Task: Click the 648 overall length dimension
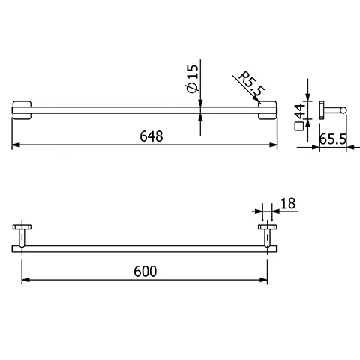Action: tap(150, 136)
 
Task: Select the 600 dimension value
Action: tap(147, 271)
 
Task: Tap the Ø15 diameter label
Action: tap(193, 78)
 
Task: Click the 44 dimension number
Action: tap(301, 112)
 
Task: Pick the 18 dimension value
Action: tap(288, 202)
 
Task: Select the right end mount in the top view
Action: tap(268, 109)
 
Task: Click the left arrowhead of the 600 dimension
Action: tap(25, 280)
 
